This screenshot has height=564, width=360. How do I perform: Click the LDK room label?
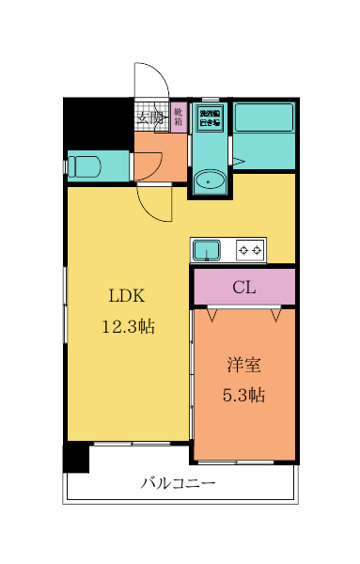(x=125, y=295)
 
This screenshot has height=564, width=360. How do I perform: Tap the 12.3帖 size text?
(x=128, y=326)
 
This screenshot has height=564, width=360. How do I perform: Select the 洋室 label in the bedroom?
(x=243, y=363)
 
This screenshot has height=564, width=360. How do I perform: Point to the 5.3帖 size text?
(x=243, y=395)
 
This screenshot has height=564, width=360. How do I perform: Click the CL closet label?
(x=244, y=288)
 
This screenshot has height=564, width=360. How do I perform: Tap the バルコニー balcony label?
(x=179, y=484)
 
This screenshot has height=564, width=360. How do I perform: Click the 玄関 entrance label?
(x=149, y=118)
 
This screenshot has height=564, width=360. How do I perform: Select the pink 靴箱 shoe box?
(x=178, y=117)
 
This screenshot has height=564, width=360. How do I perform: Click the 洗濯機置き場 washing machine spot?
(x=209, y=117)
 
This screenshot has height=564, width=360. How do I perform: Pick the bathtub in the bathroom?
(x=264, y=118)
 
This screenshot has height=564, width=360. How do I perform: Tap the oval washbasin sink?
(x=209, y=180)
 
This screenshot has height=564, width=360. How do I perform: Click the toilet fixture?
(x=85, y=166)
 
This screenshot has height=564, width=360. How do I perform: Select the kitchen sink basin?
(x=206, y=250)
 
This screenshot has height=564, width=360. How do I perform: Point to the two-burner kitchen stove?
(x=250, y=250)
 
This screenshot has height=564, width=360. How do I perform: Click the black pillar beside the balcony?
(x=75, y=458)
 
